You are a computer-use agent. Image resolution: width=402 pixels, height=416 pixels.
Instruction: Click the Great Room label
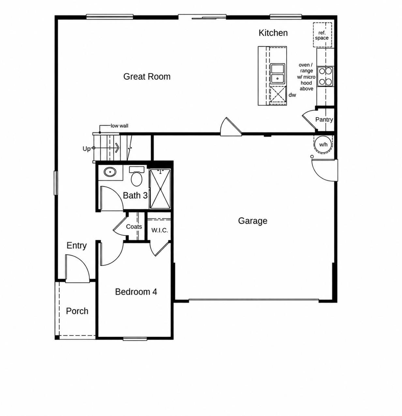(x=147, y=77)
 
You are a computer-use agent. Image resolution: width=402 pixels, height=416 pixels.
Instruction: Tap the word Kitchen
(x=273, y=33)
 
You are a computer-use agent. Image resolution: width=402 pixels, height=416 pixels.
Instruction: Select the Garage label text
(x=252, y=221)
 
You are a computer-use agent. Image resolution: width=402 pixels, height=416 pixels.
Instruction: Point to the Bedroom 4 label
(x=136, y=292)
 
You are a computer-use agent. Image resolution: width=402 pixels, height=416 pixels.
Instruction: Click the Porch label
(x=77, y=311)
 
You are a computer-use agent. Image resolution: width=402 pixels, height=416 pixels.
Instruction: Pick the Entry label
(x=77, y=245)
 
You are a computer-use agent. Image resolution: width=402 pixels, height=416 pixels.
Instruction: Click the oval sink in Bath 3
(x=110, y=171)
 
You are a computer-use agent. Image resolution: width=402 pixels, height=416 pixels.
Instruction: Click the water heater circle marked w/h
(x=323, y=145)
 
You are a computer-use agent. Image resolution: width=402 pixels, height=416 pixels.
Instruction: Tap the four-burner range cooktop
(x=325, y=76)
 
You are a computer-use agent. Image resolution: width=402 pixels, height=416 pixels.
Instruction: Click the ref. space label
(x=322, y=36)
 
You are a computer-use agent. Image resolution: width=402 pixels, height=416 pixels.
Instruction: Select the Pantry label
(x=324, y=119)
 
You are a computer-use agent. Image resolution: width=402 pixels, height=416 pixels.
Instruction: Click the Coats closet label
(x=134, y=226)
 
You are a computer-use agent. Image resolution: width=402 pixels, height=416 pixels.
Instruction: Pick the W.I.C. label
(x=159, y=230)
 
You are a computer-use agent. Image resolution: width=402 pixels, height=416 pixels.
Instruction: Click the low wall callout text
(x=119, y=126)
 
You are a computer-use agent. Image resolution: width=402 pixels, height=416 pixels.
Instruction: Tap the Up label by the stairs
(x=86, y=149)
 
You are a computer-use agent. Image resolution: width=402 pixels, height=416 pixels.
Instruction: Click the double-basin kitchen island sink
(x=277, y=73)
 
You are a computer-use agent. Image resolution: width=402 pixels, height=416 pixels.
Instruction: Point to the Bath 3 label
(x=135, y=195)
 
